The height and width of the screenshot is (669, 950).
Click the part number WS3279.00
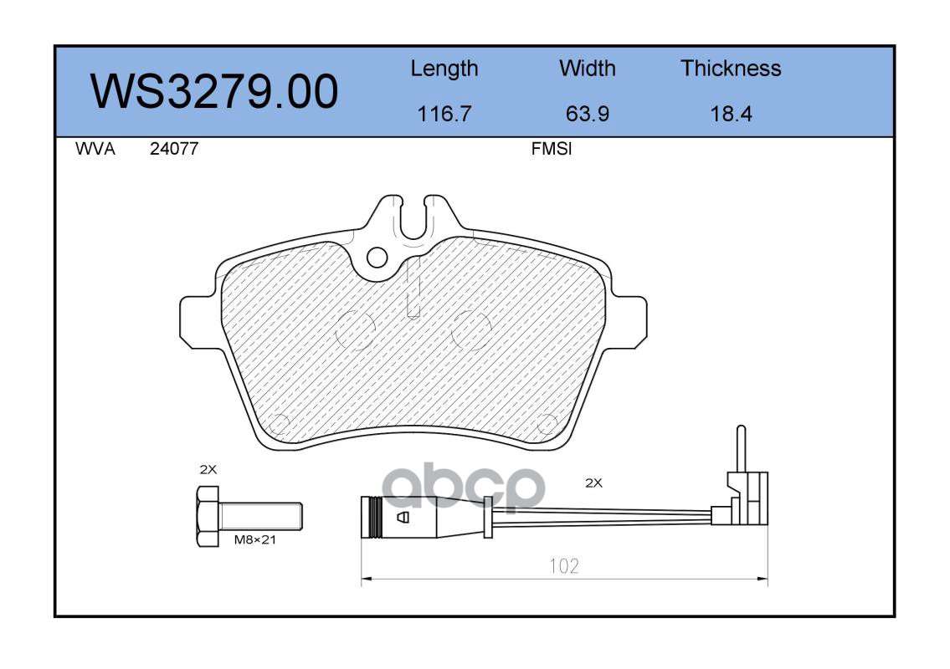214,91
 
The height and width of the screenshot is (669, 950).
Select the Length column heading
444,69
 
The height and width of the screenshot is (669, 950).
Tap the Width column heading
587,68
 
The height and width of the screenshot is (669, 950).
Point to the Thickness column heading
731,68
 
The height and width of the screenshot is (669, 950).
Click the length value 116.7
444,114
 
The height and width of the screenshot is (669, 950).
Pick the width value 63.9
587,114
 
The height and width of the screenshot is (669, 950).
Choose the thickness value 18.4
731,114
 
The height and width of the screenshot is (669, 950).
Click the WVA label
95,149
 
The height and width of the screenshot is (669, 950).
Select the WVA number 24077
174,149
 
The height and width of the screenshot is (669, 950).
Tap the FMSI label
552,149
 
